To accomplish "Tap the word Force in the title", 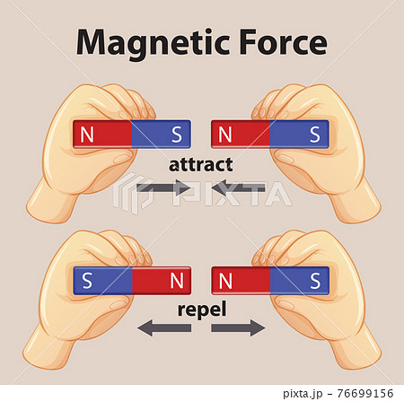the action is [283, 42].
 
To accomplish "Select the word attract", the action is [201, 165].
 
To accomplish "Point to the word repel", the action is [202, 310].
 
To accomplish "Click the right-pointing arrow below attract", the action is [163, 187].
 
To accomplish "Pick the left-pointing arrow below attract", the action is [238, 187].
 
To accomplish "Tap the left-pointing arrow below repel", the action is [164, 328].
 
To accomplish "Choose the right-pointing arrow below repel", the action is [238, 328].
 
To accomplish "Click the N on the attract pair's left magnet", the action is [87, 135].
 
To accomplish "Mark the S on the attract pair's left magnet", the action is [177, 135].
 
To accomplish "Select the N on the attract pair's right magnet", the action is [225, 135].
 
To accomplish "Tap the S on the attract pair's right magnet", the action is [315, 135].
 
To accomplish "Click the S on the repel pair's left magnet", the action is [87, 281].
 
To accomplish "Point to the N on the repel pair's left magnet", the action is [177, 281].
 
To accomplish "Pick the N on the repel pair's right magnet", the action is [225, 281].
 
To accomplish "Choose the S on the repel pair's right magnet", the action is [315, 281].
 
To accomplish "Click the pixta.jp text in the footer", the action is [303, 394].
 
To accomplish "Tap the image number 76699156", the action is [365, 393].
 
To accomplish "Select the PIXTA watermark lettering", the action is [232, 194].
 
